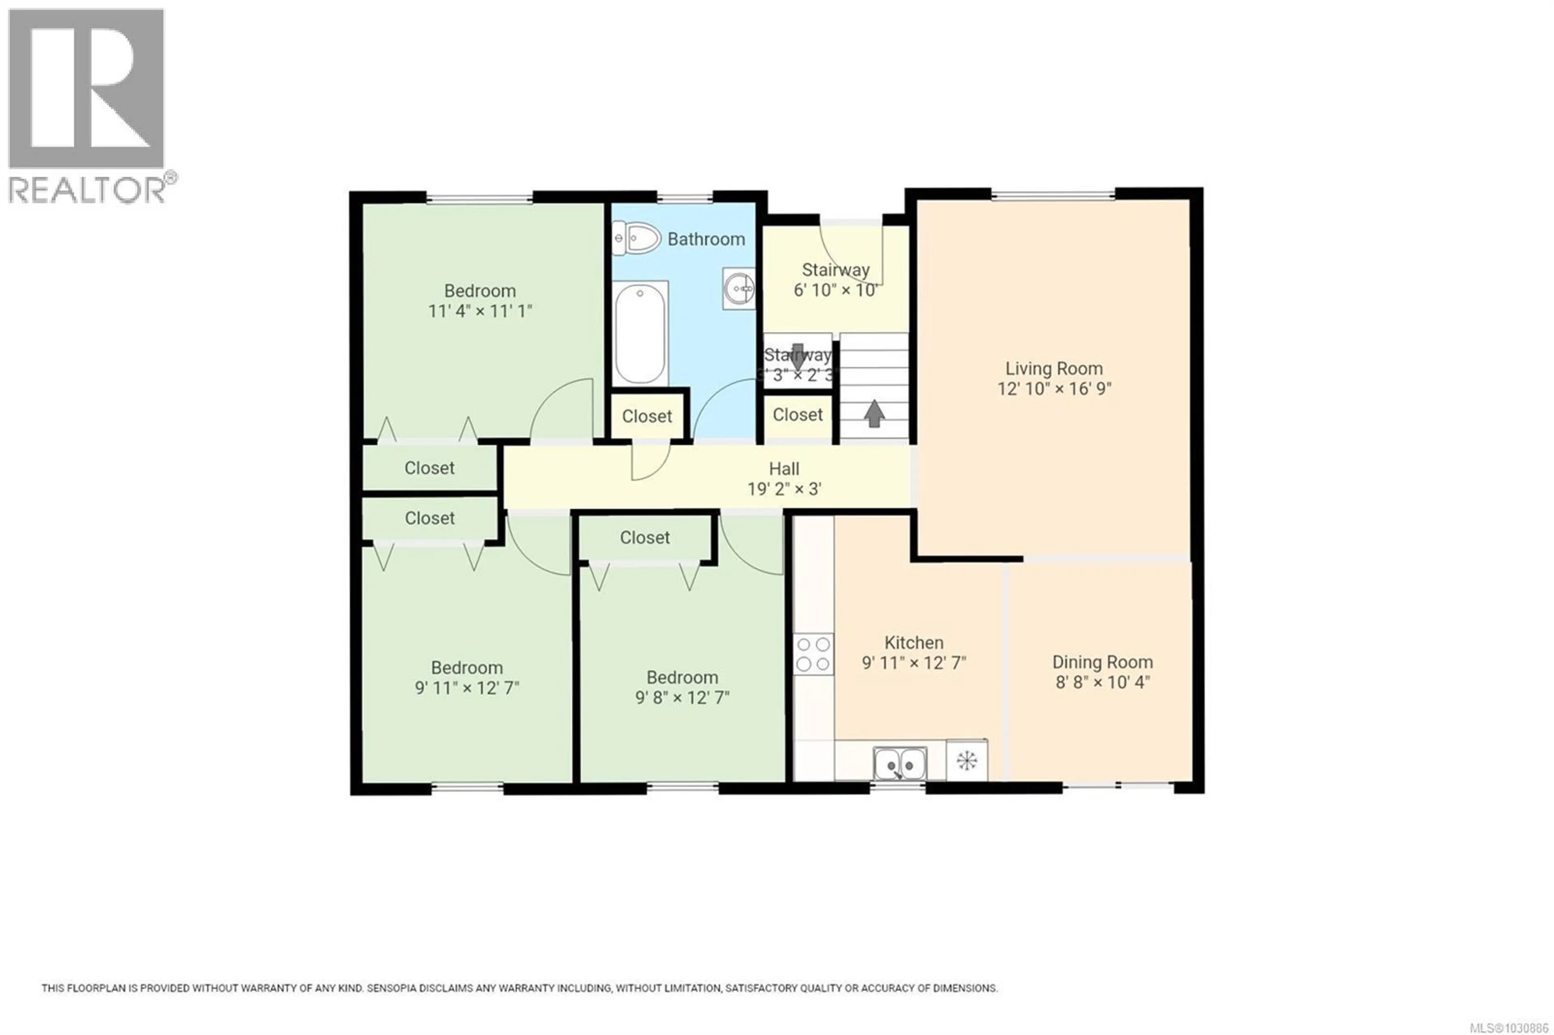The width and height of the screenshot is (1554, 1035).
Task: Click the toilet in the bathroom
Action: [637, 238]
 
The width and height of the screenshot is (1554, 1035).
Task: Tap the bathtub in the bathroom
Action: [640, 333]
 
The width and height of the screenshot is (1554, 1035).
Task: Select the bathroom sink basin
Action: [739, 288]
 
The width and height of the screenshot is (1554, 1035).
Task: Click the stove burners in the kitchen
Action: [813, 653]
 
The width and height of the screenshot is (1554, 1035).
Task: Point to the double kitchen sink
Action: [899, 764]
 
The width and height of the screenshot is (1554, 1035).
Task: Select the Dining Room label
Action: [1102, 662]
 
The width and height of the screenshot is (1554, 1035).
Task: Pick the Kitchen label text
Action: [914, 642]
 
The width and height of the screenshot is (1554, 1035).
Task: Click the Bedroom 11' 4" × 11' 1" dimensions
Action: [480, 311]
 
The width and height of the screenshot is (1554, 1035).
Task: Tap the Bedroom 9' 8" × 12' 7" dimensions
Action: [682, 698]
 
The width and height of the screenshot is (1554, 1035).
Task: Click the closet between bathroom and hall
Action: [647, 416]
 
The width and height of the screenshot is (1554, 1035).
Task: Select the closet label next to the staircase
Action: [798, 415]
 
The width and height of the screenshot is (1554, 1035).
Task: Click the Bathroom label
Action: [706, 239]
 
